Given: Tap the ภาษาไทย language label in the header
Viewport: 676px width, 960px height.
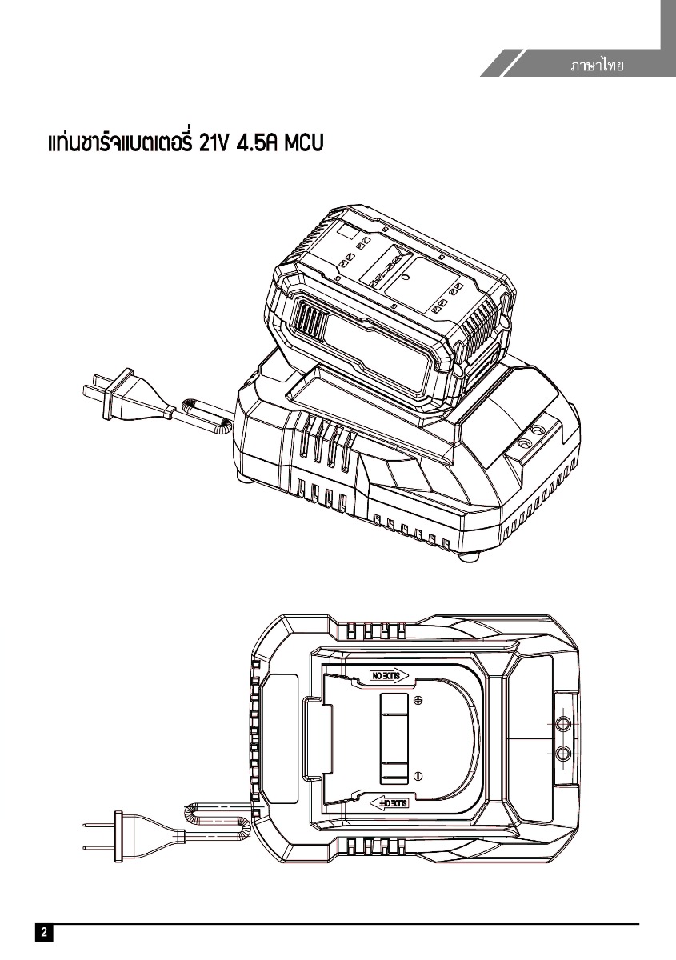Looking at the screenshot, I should (x=596, y=65).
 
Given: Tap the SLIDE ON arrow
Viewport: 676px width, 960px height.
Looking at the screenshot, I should (x=389, y=675).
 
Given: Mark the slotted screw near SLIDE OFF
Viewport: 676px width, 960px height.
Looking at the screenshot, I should (x=418, y=775).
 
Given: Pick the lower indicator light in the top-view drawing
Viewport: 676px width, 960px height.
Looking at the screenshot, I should (x=562, y=753).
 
